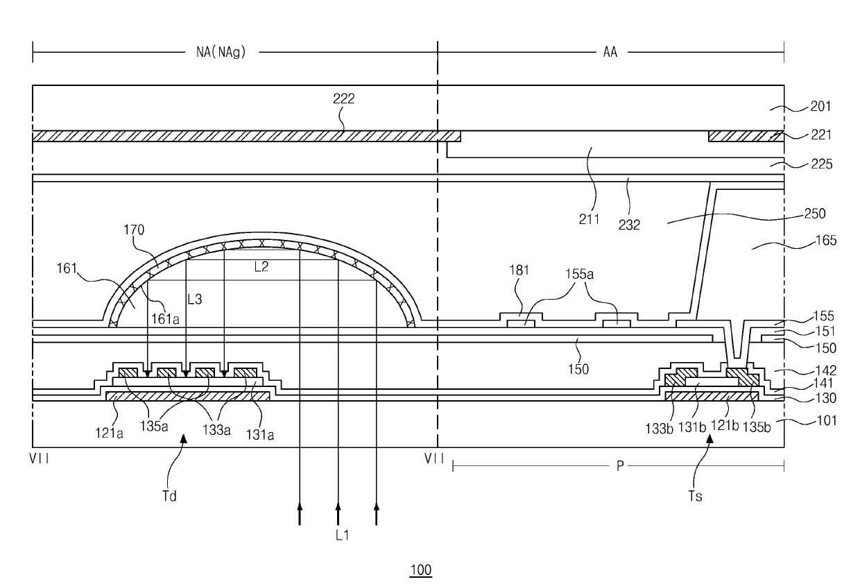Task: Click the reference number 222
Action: pos(343,98)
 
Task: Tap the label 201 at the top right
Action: pos(820,107)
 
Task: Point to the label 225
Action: pos(820,164)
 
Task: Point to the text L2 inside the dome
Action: pos(261,267)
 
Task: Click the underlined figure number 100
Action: pos(421,570)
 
